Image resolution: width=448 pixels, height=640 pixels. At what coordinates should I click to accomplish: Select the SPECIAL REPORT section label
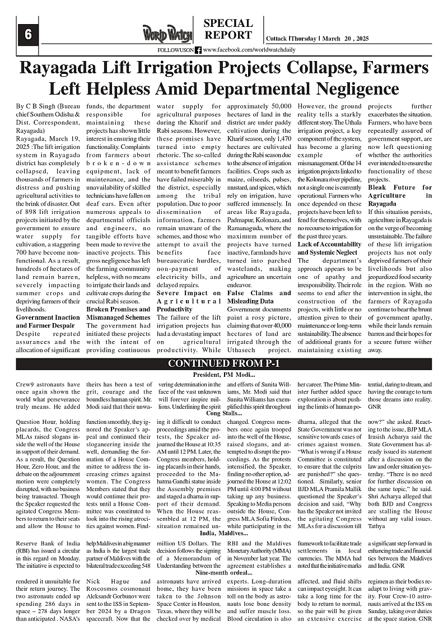click(x=227, y=29)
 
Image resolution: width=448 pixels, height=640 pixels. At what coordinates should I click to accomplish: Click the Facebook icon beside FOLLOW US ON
click(x=198, y=50)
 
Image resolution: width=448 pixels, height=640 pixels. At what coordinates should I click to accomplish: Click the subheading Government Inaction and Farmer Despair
click(x=48, y=321)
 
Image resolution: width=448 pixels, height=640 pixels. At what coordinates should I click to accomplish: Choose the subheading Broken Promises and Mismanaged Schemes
click(x=118, y=312)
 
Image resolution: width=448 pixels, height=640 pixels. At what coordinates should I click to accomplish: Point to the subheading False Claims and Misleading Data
click(x=259, y=297)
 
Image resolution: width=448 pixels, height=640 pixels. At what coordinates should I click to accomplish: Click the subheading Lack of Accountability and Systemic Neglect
click(x=329, y=249)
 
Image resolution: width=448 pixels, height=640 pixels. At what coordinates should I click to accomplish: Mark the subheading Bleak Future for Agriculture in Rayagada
click(x=400, y=195)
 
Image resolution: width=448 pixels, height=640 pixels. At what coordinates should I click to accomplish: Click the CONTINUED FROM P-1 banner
click(x=224, y=364)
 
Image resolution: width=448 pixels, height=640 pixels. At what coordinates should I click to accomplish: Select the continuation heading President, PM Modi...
click(x=224, y=375)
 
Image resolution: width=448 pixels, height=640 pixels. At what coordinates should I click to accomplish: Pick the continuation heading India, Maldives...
click(x=224, y=532)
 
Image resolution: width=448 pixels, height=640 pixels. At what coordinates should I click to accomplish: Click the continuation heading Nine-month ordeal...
click(x=224, y=573)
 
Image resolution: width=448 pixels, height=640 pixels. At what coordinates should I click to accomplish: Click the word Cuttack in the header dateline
click(x=276, y=38)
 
